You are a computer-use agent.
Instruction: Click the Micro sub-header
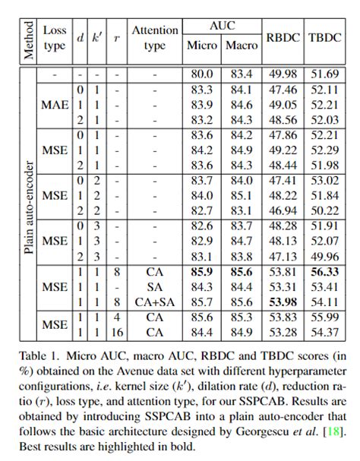point(201,46)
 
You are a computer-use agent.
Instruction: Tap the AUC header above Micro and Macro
point(221,26)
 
